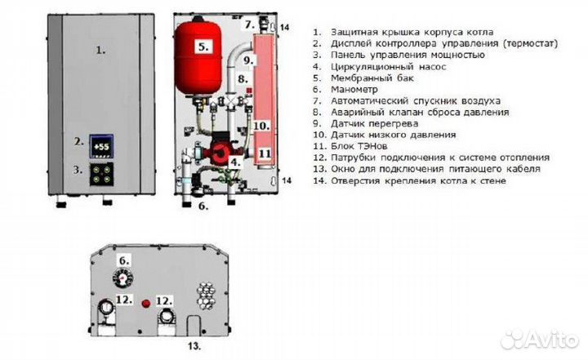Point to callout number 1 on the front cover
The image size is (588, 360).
(x=101, y=50)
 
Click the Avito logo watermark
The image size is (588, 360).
(x=539, y=337)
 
